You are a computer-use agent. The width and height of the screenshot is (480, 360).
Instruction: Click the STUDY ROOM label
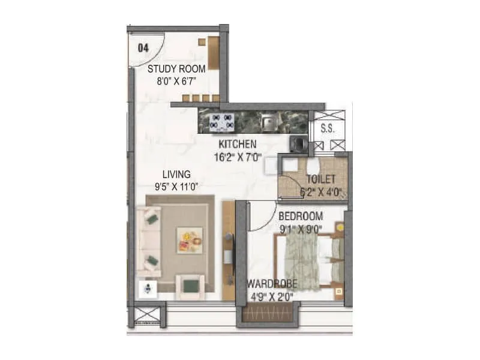point(176,68)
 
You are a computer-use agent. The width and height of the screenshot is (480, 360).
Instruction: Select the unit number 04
point(143,49)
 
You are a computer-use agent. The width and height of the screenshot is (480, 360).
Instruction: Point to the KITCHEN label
point(238,144)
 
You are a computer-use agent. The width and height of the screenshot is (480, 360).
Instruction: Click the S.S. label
point(327,128)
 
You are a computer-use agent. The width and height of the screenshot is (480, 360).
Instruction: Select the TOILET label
point(321,179)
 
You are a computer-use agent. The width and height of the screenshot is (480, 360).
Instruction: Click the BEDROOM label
point(301,216)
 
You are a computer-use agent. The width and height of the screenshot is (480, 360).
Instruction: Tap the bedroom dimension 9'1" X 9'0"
point(301,228)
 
